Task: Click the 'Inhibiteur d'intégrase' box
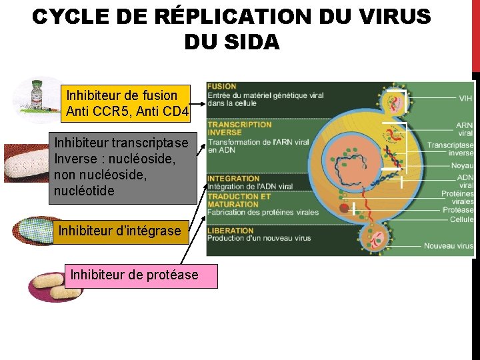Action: [x=120, y=231]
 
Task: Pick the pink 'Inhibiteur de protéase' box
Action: [x=141, y=275]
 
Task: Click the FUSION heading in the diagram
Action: [x=222, y=87]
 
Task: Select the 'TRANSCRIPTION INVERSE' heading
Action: [x=240, y=128]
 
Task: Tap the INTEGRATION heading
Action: [x=233, y=178]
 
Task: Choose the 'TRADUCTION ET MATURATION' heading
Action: [x=238, y=200]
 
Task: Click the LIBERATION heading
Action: [x=231, y=231]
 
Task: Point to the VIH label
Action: [x=466, y=98]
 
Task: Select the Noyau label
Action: [x=462, y=165]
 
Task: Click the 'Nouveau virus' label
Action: [x=449, y=246]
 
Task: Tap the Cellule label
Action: [x=461, y=219]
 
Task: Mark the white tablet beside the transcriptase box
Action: [x=27, y=163]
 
